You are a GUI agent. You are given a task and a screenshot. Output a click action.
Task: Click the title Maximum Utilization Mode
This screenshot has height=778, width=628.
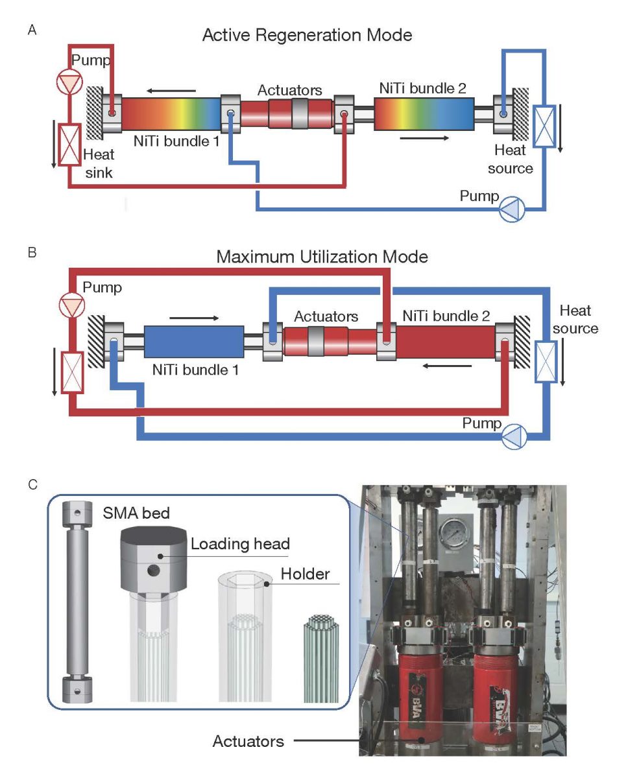pos(322,257)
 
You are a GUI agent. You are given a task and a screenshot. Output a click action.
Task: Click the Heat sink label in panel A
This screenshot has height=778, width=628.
pos(99,163)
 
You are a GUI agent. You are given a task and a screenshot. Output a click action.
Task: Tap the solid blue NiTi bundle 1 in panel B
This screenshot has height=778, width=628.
pos(193,341)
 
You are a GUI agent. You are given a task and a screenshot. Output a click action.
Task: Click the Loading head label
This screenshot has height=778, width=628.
pos(239,544)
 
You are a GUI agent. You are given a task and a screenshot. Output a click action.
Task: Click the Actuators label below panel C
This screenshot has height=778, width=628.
pos(248,740)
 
